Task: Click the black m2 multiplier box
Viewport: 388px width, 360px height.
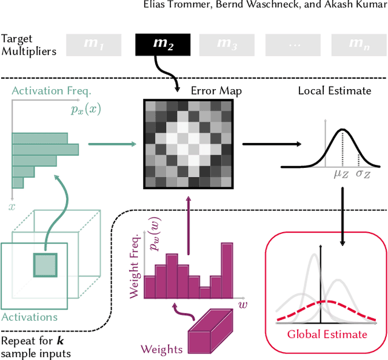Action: pos(163,44)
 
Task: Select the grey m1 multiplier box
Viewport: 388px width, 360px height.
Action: pos(94,44)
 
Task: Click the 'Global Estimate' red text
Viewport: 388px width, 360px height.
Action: pos(327,334)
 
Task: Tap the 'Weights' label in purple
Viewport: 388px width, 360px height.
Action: pos(161,348)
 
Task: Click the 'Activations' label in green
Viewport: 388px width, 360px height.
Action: pos(29,316)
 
